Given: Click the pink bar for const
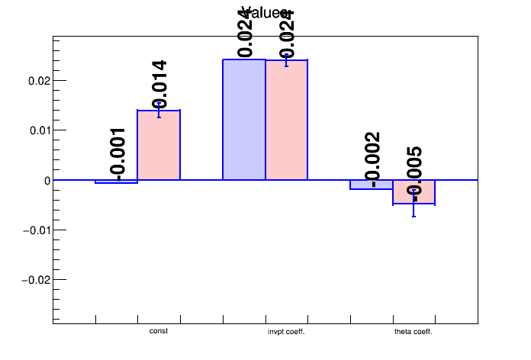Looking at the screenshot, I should coord(159,145).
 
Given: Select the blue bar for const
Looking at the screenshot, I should coord(116,182).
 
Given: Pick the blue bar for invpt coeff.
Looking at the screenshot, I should coord(244,120).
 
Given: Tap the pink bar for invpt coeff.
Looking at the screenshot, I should coord(286,120).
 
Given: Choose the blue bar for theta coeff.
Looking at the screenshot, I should coord(372,185).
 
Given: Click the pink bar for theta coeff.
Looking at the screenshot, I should coord(414,192).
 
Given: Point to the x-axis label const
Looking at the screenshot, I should coord(159,331).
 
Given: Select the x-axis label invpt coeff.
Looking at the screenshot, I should coord(286,332).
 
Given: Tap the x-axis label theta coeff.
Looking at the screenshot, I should coord(414,332).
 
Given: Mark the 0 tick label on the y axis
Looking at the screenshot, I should coord(47,180).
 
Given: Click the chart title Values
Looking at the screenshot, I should coord(265,12).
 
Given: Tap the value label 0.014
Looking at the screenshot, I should coord(159,84).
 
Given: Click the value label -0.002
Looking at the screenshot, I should coord(372,159).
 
